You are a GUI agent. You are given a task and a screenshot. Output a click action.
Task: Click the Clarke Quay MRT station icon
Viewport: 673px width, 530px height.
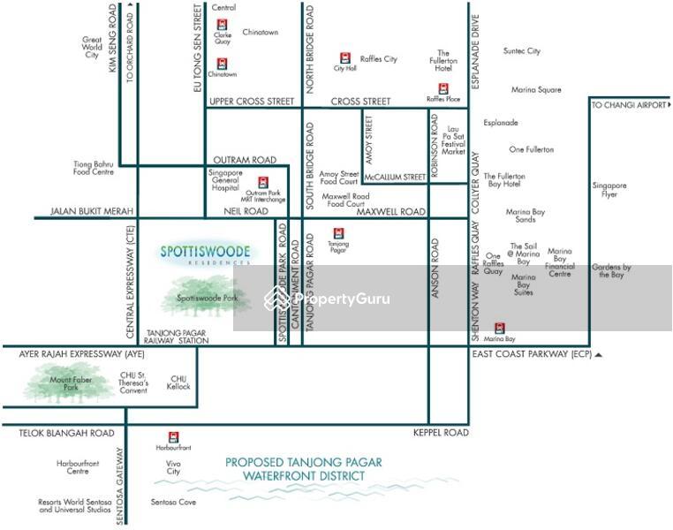coord(222,26)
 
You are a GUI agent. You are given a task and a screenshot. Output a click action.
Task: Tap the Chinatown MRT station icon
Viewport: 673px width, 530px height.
coord(222,64)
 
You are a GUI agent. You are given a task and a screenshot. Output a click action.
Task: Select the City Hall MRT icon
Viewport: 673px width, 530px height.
coord(344,57)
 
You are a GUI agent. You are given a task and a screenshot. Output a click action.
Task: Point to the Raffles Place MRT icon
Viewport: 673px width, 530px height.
coord(443,89)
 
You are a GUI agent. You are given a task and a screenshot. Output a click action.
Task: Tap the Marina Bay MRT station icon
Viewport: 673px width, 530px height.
coord(500,329)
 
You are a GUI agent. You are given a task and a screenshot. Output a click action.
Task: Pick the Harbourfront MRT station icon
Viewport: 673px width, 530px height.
coord(174,436)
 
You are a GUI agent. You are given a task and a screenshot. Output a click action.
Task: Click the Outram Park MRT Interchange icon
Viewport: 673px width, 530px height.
coord(262,182)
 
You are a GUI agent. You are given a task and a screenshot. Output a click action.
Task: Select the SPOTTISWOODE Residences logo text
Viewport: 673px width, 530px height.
coord(206,254)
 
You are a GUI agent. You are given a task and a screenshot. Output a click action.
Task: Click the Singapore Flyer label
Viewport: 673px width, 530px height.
coord(609,190)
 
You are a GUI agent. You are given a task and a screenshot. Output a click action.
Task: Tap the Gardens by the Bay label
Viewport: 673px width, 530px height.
coord(611,270)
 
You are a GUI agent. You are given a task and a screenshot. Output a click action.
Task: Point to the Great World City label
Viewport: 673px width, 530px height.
coord(92,48)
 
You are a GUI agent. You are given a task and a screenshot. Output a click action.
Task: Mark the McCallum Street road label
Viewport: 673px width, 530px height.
coord(395,178)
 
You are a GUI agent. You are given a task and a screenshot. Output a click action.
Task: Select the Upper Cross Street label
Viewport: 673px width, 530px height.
coord(252,102)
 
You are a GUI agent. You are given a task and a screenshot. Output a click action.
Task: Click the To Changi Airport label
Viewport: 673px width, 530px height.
coord(630,105)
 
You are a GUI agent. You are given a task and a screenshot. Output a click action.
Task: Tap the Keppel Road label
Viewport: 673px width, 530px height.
coord(440,433)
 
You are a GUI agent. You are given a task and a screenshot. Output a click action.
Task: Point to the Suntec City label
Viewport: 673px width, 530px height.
coord(521,51)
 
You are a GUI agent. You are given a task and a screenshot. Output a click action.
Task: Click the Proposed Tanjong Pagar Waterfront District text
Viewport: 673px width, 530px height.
coord(303,469)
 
